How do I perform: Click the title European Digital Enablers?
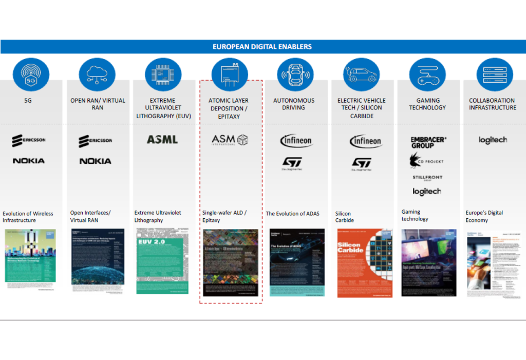coord(262,47)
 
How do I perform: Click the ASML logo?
coord(162,139)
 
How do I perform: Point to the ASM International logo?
coord(230,140)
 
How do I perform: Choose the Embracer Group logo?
coord(428,142)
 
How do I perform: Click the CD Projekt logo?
coord(426,161)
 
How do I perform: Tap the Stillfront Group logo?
coord(427,178)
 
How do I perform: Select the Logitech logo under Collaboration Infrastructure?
coord(493,140)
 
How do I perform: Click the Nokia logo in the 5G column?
coord(29,161)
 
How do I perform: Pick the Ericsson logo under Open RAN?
coord(96,141)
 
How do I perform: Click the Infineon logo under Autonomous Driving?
coord(296,140)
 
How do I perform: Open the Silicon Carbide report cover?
coord(361,262)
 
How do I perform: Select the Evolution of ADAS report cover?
coord(297,262)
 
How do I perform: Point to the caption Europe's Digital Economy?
coord(484,216)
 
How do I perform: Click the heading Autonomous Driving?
coord(294,104)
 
